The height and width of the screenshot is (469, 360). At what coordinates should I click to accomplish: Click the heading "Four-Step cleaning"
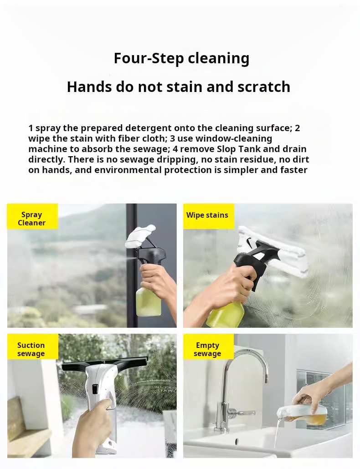181,58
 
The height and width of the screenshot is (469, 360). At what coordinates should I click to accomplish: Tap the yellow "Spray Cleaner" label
32,216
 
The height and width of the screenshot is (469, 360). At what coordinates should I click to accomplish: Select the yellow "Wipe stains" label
208,216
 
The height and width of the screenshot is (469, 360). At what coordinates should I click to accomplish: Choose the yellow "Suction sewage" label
32,347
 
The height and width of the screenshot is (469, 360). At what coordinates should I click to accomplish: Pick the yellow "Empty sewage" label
208,347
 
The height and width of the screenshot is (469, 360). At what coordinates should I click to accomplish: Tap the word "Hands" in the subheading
89,87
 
